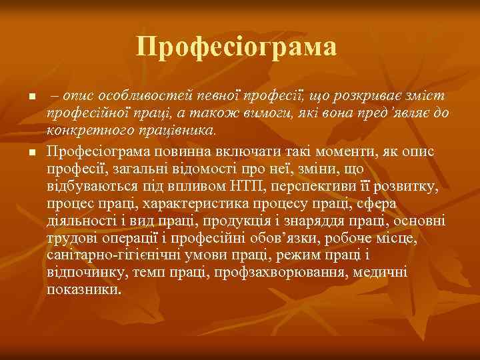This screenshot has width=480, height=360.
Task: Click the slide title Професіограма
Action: [x=237, y=47]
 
